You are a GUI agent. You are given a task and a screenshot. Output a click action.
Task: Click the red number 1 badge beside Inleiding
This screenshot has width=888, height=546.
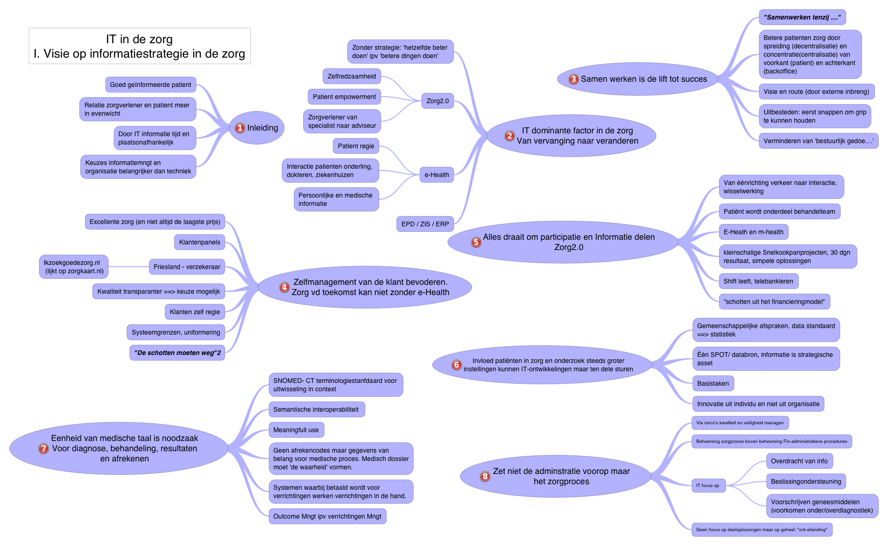tap(240, 128)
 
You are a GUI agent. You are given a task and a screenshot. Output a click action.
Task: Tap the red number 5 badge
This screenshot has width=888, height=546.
tap(476, 242)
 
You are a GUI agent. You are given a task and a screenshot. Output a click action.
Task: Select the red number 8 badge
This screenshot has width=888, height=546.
tap(485, 476)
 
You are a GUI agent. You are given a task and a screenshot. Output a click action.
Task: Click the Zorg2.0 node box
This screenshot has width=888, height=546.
tap(437, 101)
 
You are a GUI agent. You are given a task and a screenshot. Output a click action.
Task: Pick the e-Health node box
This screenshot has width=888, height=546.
tap(436, 175)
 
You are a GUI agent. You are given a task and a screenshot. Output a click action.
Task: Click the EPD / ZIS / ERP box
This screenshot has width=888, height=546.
tap(425, 224)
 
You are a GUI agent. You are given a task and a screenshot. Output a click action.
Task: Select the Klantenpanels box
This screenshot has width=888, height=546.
tap(200, 242)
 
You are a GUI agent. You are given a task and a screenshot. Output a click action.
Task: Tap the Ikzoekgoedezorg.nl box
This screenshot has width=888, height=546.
tap(74, 267)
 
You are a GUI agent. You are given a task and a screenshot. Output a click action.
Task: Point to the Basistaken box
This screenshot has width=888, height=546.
tap(713, 383)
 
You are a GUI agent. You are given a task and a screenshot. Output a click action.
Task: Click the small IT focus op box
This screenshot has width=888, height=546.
tap(708, 486)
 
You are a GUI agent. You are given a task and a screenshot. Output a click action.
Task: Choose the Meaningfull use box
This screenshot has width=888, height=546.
tap(296, 430)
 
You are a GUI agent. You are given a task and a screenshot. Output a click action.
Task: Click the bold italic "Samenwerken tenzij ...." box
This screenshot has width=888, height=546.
tap(802, 17)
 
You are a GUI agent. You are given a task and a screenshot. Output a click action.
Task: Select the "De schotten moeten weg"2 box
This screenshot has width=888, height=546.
tap(177, 353)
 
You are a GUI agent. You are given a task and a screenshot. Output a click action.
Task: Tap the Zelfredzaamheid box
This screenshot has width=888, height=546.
tap(351, 76)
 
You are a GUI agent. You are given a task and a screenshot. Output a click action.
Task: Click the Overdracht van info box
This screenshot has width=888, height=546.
tap(799, 461)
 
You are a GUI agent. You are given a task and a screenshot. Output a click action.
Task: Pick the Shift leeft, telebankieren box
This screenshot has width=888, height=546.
tap(758, 281)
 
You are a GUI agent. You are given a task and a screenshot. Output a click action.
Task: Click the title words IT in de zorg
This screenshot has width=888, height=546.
tap(139, 39)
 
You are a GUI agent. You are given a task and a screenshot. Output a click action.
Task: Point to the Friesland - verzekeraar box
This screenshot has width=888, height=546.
tap(187, 267)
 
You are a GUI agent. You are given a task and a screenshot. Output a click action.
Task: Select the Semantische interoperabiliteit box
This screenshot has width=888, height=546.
tap(316, 409)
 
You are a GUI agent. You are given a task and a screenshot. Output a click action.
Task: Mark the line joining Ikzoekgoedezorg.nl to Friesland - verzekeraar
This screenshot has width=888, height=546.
tap(129, 267)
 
